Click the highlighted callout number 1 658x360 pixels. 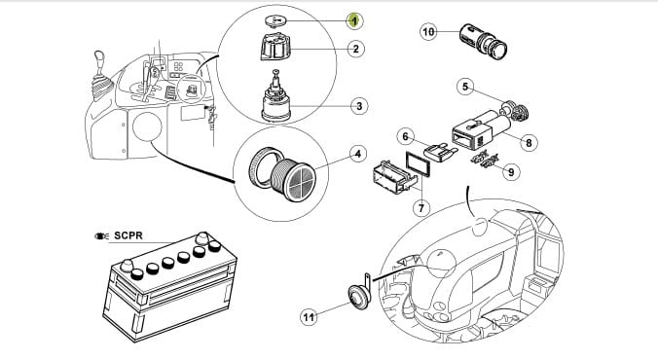pyautogui.click(x=354, y=20)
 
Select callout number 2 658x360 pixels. pyautogui.click(x=356, y=49)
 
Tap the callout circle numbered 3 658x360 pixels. pyautogui.click(x=359, y=106)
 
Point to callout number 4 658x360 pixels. pyautogui.click(x=357, y=154)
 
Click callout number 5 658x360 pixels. pyautogui.click(x=465, y=87)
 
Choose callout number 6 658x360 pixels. pyautogui.click(x=405, y=137)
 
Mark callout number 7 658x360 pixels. pyautogui.click(x=421, y=207)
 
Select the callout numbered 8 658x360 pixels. pyautogui.click(x=529, y=143)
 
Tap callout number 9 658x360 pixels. pyautogui.click(x=511, y=171)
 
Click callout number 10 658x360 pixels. pyautogui.click(x=428, y=32)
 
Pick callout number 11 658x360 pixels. pyautogui.click(x=309, y=317)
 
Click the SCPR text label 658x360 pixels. pyautogui.click(x=128, y=235)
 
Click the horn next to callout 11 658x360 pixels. pyautogui.click(x=358, y=295)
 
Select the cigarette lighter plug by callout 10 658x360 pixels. pyautogui.click(x=484, y=42)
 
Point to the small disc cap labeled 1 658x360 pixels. pyautogui.click(x=275, y=20)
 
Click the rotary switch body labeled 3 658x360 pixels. pyautogui.click(x=276, y=98)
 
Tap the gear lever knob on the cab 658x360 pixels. pyautogui.click(x=99, y=57)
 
